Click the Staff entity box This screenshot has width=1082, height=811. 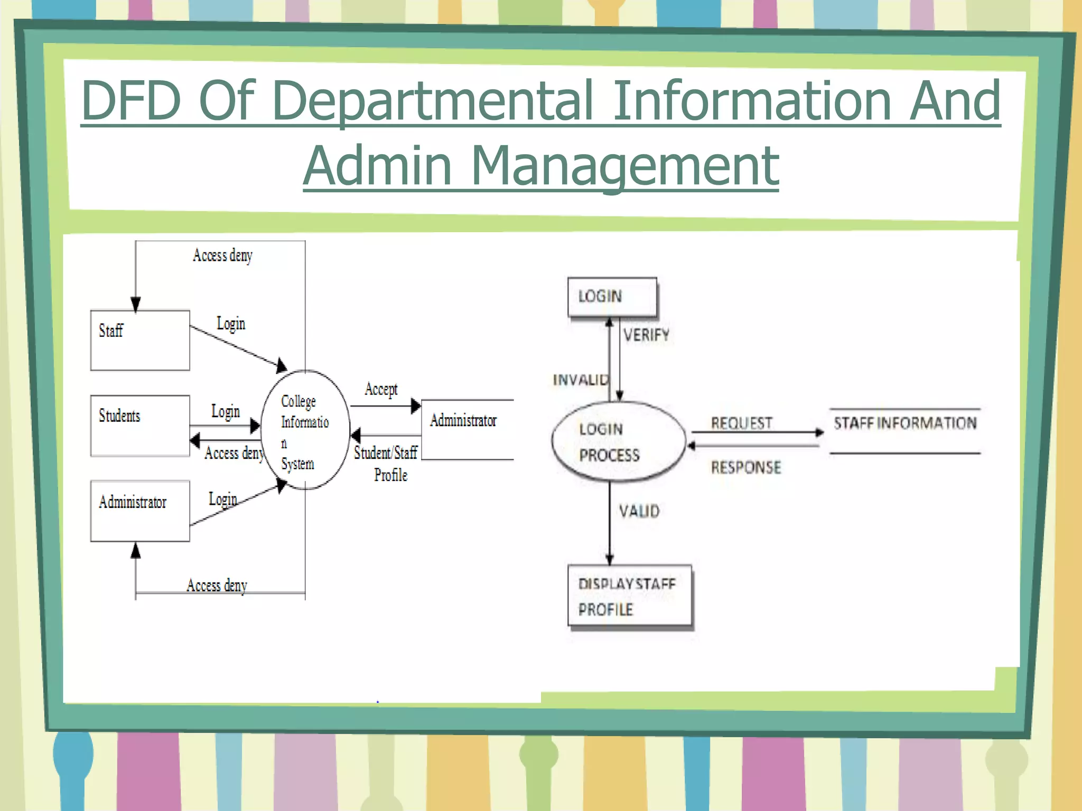coord(140,340)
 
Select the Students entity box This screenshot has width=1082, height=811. coord(140,426)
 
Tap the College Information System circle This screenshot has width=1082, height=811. coord(305,430)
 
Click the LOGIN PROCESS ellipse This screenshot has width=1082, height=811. coord(618,442)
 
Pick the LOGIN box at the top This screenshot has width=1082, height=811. coord(612,297)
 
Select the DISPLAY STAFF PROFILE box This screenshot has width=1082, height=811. coord(629,596)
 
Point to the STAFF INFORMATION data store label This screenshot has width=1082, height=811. coord(904,423)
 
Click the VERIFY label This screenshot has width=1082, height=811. coord(646,335)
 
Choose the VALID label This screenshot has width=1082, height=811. coord(639,511)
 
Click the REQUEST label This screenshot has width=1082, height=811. coord(741,423)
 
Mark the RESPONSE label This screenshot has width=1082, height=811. coord(745,467)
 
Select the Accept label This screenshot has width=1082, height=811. coord(381,390)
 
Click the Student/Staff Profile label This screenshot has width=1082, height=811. coord(387,464)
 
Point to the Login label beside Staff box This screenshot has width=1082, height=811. coord(231,323)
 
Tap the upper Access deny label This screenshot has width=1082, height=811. coord(222,256)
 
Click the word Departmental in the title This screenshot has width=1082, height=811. coord(433,100)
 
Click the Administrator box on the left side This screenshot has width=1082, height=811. coord(140,511)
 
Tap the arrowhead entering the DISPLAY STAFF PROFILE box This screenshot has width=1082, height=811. coord(610,560)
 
